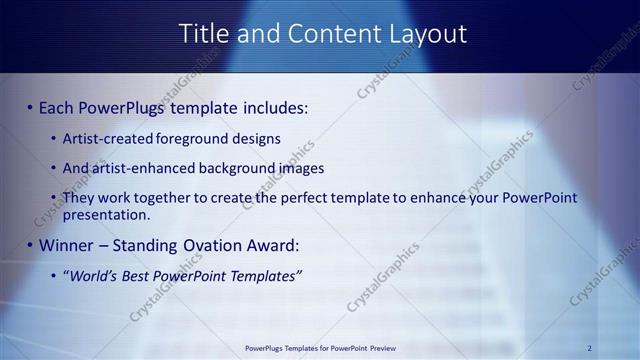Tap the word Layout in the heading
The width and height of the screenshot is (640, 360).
pyautogui.click(x=425, y=33)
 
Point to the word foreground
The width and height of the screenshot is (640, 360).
pyautogui.click(x=194, y=138)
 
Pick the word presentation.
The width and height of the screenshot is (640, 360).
pyautogui.click(x=106, y=214)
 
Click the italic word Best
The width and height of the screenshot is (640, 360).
pyautogui.click(x=140, y=275)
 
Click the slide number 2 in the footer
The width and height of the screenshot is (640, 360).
pyautogui.click(x=590, y=348)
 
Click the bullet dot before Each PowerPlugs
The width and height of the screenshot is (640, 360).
pyautogui.click(x=30, y=107)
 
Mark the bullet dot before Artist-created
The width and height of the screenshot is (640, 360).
pyautogui.click(x=53, y=138)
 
